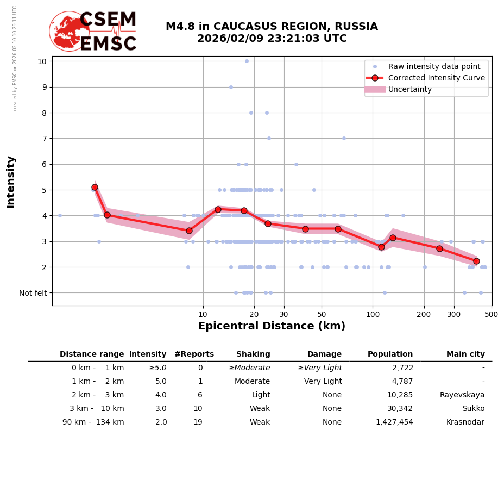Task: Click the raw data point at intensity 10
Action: pos(247,61)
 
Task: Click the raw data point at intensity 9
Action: pos(231,87)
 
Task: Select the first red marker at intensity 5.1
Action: pos(94,187)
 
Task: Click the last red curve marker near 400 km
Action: pos(476,261)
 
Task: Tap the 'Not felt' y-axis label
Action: pos(33,293)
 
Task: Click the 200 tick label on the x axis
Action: pos(424,315)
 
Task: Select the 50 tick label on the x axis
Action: pos(322,315)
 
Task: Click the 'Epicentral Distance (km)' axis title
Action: pos(272,326)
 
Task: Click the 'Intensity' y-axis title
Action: pos(11,182)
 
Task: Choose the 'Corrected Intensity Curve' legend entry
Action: pos(436,78)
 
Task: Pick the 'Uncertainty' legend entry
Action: pos(410,89)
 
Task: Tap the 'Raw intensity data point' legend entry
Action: pos(434,66)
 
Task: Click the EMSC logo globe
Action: pos(69,31)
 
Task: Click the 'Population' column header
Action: pos(390,354)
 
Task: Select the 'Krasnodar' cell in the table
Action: pos(465,422)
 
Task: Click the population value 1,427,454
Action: pos(394,422)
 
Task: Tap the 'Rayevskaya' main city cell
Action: pos(462,395)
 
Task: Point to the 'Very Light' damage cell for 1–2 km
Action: pos(323,382)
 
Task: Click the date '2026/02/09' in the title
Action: pos(222,39)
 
